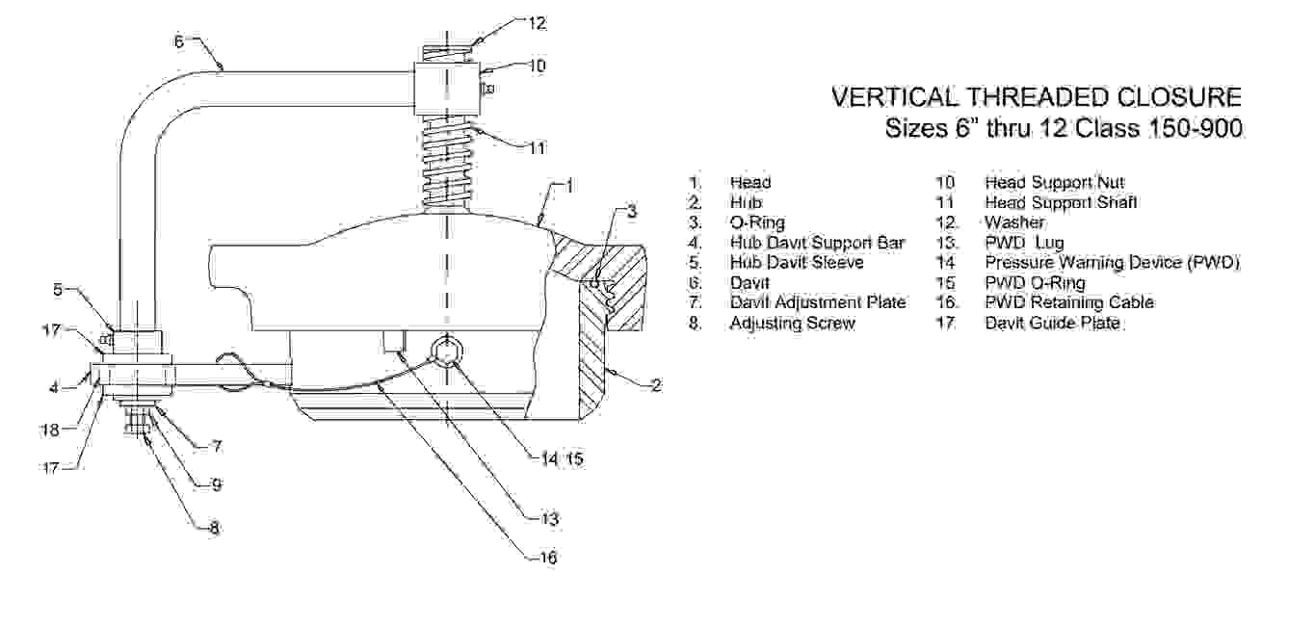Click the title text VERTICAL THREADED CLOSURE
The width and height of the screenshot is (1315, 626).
pos(1037,97)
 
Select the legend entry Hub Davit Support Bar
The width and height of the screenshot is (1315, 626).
pos(817,243)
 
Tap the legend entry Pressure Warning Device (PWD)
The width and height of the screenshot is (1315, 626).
pos(1111,262)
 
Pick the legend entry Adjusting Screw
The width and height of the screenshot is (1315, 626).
pos(792,323)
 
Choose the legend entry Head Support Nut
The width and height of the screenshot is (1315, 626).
pos(1054,182)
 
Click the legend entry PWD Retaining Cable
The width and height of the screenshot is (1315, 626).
pos(1068,302)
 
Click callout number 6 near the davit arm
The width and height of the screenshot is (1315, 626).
pos(179,41)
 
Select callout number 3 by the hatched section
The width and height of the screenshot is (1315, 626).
pos(631,213)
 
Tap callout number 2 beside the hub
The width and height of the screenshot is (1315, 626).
pos(655,386)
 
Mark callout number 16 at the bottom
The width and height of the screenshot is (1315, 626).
pos(547,557)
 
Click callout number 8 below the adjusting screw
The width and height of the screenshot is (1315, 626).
pos(214,528)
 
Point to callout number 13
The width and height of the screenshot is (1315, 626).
pos(549,519)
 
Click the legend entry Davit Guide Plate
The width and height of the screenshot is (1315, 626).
pos(1052,323)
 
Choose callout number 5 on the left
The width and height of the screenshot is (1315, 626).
pos(58,289)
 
